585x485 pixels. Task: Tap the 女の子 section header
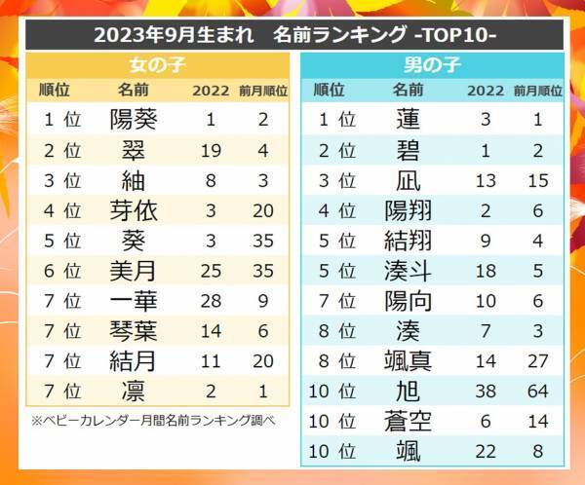point(158,66)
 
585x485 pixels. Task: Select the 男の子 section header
point(432,66)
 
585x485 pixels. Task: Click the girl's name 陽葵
point(134,120)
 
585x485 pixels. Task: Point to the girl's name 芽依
point(134,210)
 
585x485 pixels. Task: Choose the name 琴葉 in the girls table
point(134,330)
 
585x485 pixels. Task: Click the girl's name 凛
point(134,391)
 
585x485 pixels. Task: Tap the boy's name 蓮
point(409,120)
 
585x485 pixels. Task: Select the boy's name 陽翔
point(409,210)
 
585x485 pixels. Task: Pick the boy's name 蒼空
point(409,421)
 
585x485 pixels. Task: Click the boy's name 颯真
point(409,360)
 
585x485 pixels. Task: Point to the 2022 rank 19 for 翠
point(211,150)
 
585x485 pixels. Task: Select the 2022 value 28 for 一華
point(211,301)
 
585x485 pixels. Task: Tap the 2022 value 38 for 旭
point(485,391)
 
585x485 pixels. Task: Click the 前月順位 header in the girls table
point(263,92)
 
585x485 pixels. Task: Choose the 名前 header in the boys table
point(409,91)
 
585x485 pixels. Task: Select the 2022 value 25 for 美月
point(211,271)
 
